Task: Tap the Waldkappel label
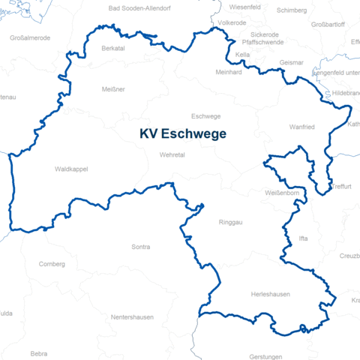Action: [x=71, y=169]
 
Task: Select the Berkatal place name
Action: [x=113, y=48]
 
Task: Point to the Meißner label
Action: [x=113, y=89]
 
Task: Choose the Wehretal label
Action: [x=172, y=154]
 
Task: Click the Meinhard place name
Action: [x=229, y=73]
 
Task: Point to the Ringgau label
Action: [x=230, y=223]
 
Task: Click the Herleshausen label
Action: [x=270, y=295]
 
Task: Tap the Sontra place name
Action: [x=140, y=247]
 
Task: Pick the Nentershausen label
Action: [x=132, y=317]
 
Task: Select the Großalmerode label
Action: [x=30, y=37]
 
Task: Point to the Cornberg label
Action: [x=52, y=264]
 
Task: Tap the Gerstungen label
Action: [x=266, y=357]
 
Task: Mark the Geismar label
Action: [x=291, y=62]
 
